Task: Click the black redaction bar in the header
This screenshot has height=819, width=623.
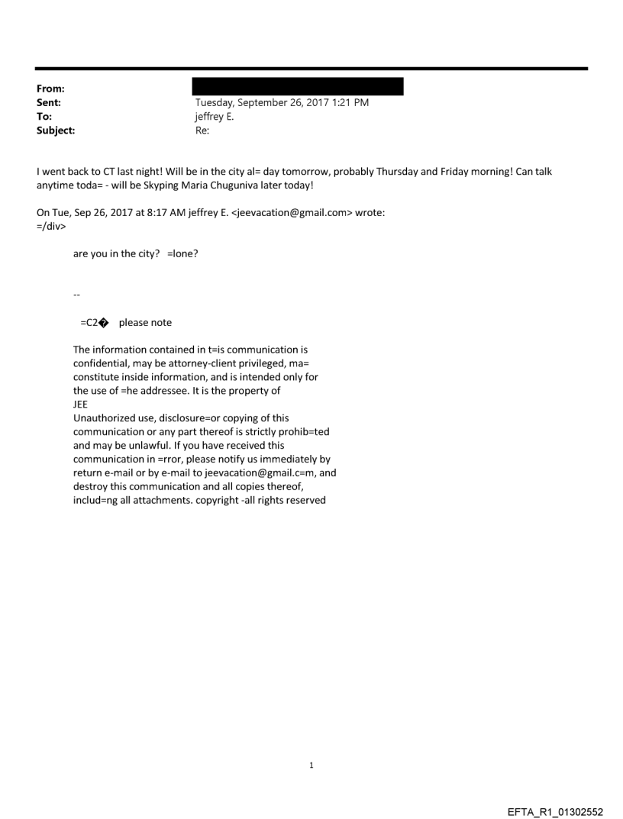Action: pos(299,85)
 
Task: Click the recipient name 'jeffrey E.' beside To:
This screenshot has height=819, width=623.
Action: pos(217,117)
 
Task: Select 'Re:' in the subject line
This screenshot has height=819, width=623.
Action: pos(202,131)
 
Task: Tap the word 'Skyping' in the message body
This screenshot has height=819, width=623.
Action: pos(160,185)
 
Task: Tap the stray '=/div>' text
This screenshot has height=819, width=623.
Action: pos(50,227)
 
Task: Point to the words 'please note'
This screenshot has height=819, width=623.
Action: pos(145,323)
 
